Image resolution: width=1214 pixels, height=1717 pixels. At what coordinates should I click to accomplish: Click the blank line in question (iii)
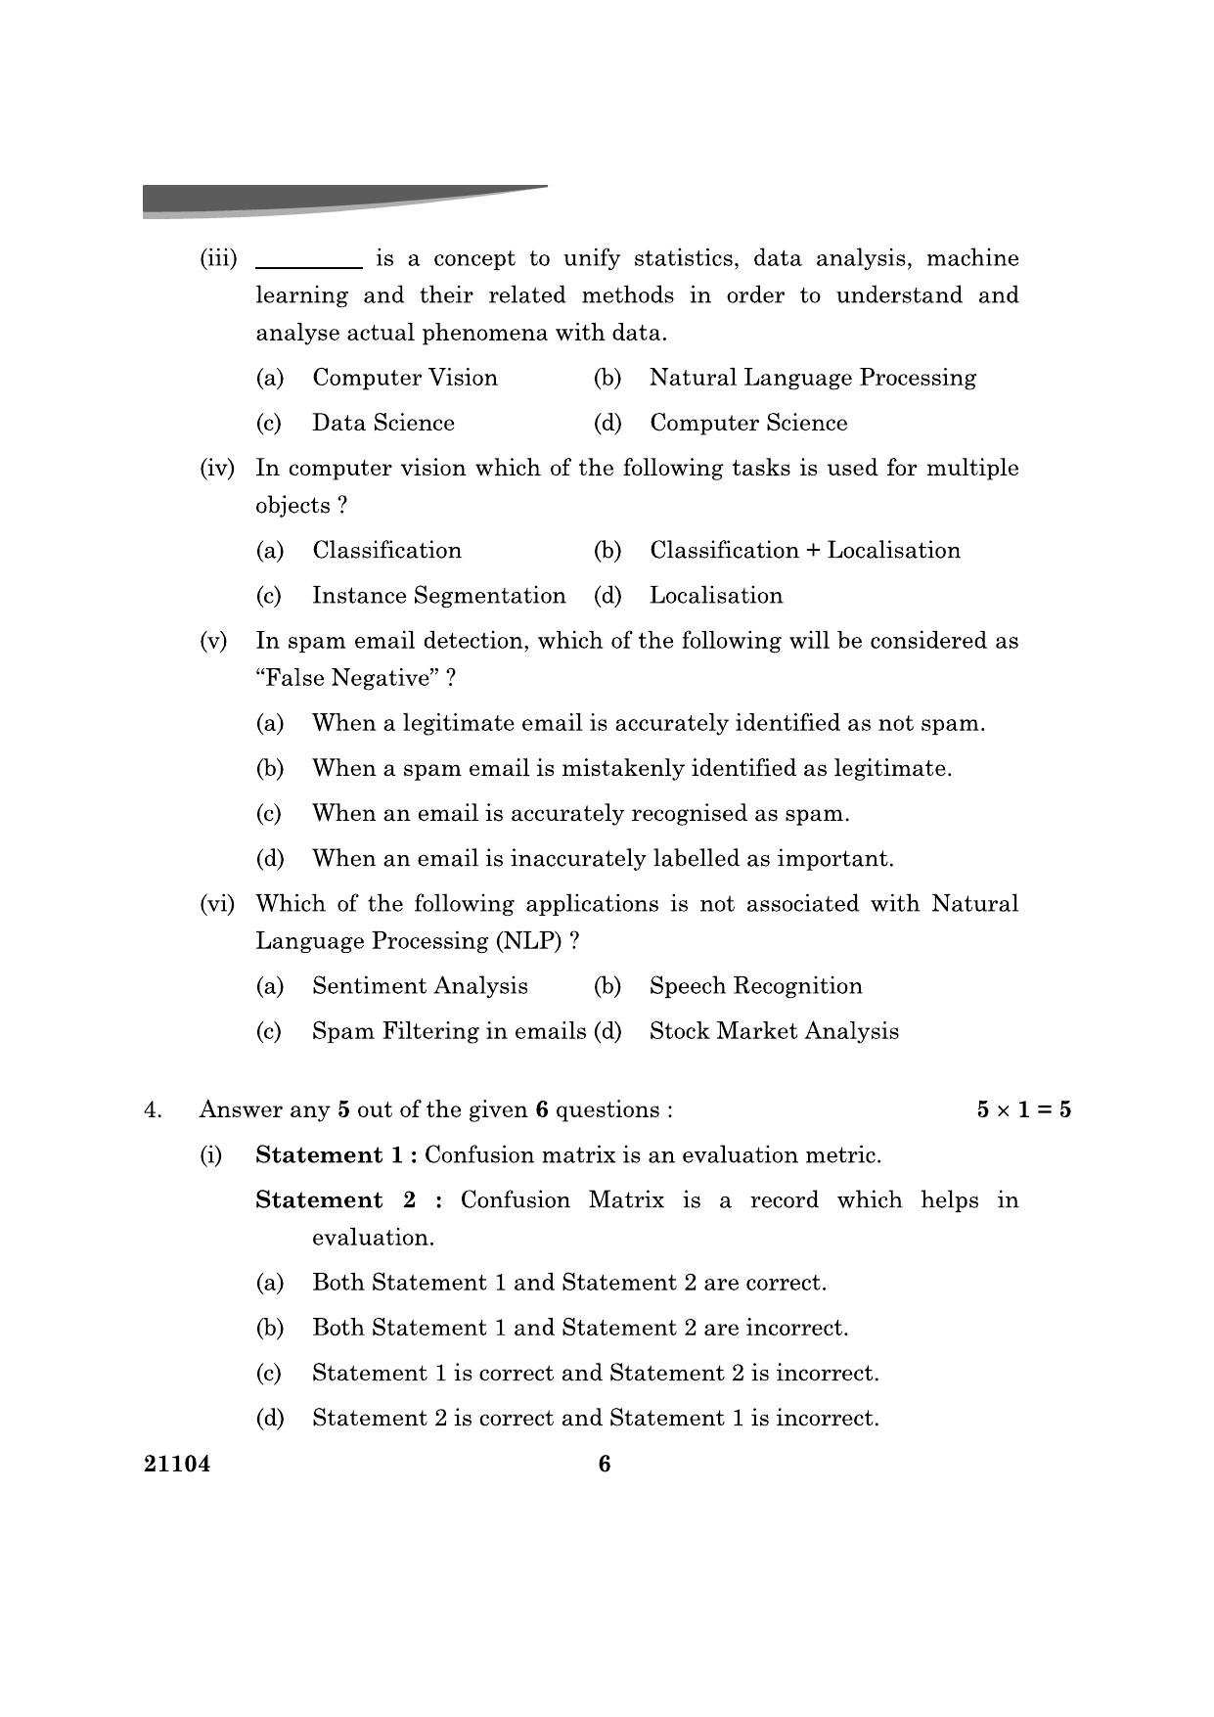coord(308,264)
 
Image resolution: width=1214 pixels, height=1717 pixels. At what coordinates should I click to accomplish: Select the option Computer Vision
coord(404,378)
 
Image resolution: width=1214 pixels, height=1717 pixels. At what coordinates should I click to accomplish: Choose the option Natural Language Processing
coord(812,378)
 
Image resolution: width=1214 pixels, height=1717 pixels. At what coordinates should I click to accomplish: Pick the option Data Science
coord(382,423)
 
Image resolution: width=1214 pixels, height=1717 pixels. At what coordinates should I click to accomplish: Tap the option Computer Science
coord(747,423)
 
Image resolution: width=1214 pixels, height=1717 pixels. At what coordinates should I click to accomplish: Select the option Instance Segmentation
coord(437,596)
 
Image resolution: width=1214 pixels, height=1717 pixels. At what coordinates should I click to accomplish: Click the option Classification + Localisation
coord(804,550)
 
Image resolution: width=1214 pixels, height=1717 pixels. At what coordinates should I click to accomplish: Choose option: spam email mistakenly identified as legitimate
coord(631,769)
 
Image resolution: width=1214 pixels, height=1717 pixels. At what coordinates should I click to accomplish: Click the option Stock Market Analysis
coord(773,1031)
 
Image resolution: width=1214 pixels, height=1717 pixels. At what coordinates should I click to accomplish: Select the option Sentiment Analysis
coord(420,986)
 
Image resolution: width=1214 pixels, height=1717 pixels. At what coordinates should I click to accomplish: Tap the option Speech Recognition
coord(755,986)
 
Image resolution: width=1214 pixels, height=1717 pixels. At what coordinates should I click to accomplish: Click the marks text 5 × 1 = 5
coord(1023,1109)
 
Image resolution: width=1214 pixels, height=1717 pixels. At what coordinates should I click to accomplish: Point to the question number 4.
coord(152,1109)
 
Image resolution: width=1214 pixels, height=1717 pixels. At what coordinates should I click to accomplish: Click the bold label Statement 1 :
coord(337,1155)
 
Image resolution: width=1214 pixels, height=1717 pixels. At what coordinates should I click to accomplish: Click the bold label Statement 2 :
coord(348,1200)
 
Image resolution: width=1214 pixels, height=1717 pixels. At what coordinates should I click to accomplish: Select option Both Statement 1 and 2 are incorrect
coord(579,1328)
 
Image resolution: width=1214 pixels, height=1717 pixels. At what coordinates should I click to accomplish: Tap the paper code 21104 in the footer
coord(177,1464)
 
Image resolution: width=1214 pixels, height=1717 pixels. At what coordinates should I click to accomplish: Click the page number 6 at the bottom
coord(605,1464)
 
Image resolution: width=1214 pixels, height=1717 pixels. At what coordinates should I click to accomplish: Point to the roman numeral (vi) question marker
coord(217,904)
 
